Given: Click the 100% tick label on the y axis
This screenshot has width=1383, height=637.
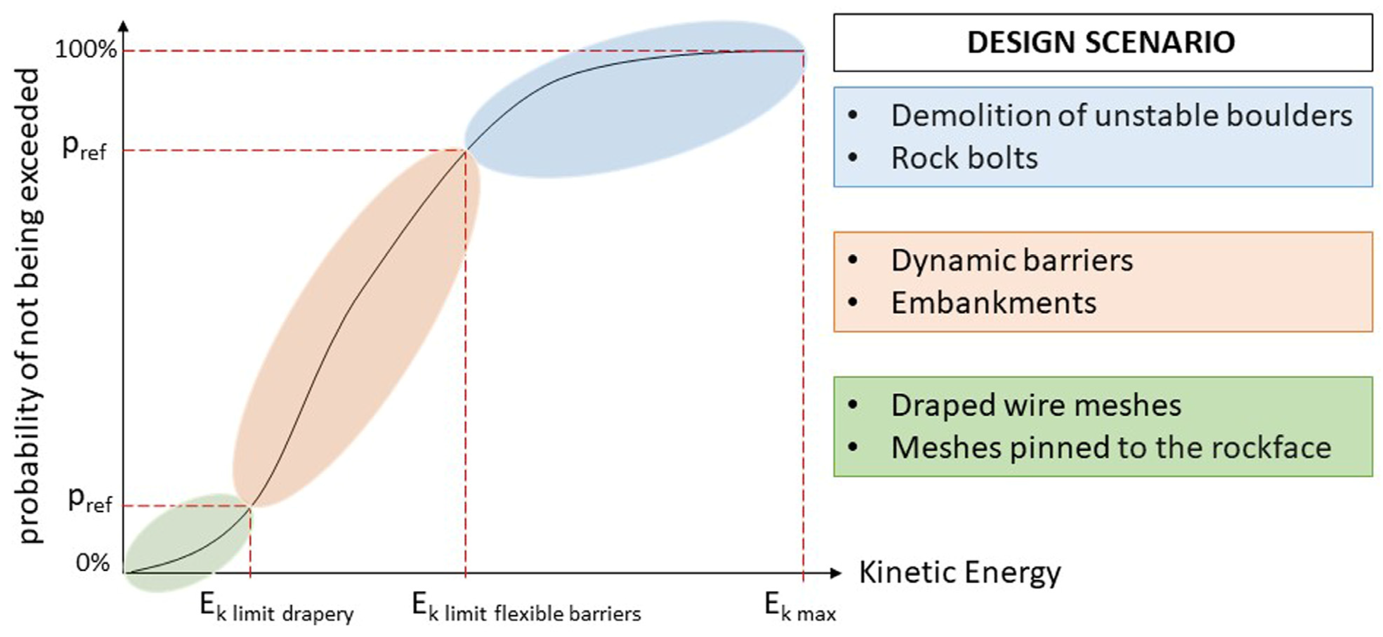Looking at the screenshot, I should point(86,50).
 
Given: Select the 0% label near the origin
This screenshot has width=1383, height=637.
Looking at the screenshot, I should point(93,563).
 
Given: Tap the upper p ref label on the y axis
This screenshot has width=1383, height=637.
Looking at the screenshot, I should point(84,147).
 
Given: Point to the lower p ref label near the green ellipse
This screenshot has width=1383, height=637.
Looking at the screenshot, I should point(90,501).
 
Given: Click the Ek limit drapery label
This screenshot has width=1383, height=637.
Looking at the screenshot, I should point(276,608).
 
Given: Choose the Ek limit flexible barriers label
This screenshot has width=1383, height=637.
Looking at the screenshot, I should point(526,608).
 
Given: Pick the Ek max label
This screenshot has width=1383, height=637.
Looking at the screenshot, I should point(800,608).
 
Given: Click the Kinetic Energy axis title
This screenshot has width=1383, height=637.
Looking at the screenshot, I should point(960,573).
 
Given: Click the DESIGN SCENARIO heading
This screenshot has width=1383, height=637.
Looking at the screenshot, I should point(1101,43).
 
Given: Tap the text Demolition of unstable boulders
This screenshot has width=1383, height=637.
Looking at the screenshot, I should point(1121,115).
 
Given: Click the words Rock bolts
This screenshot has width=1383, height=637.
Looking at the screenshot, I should point(964,158).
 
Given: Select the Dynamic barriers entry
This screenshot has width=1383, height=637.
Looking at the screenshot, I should point(1011,260).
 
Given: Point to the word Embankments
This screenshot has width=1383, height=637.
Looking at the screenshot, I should point(993,303).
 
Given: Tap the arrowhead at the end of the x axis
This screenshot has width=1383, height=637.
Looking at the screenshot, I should point(835,573).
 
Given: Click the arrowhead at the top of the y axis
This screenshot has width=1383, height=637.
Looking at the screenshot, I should point(124,27).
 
